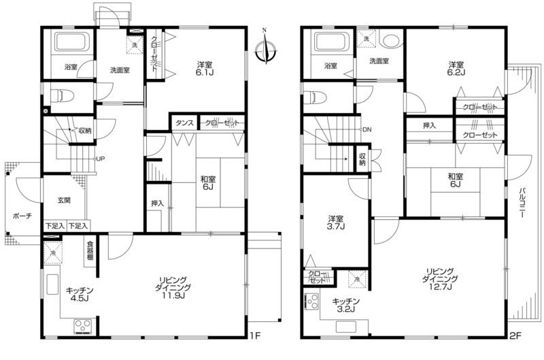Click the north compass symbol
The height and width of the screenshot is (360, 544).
265,48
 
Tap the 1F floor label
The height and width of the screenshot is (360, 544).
255,336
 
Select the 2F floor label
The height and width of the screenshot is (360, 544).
515,336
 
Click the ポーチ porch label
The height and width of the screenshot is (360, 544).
22,216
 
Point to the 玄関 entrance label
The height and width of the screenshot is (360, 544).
64,200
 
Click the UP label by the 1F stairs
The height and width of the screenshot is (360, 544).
100,159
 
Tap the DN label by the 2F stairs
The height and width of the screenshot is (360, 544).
367,129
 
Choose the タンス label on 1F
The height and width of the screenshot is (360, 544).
184,123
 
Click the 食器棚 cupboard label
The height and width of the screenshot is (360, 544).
90,250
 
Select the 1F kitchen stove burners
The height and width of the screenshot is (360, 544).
82,327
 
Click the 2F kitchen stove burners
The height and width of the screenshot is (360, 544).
311,301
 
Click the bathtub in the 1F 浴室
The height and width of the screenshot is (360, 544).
71,42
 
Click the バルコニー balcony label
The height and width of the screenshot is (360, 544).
522,203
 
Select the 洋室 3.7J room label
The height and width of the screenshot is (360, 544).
336,223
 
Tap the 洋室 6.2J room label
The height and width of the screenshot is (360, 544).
456,68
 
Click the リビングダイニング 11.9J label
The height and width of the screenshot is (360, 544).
173,288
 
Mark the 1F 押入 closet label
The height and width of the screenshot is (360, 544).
157,203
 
